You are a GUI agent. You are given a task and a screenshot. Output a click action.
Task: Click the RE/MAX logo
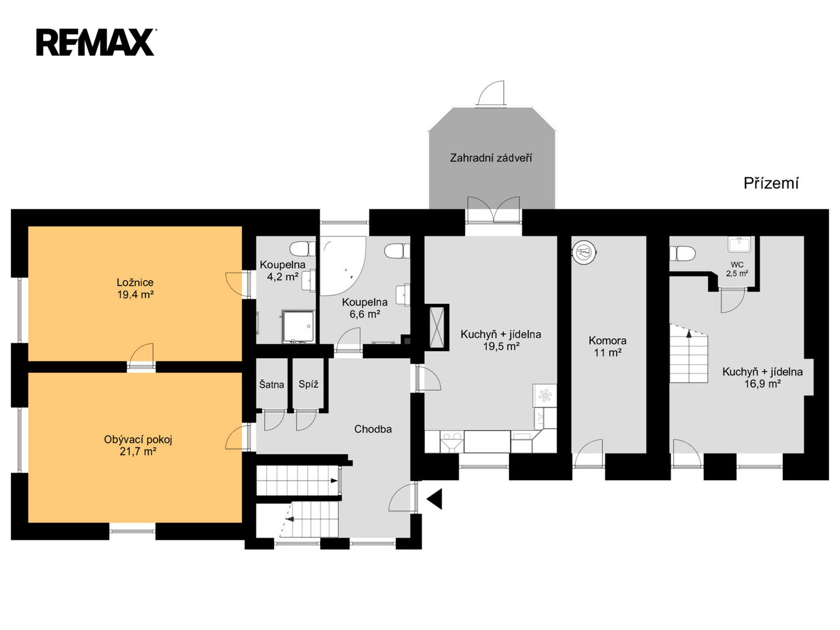tap(95, 43)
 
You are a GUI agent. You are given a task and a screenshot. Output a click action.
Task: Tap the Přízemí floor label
tap(771, 184)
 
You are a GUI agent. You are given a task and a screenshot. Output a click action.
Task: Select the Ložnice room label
tap(135, 282)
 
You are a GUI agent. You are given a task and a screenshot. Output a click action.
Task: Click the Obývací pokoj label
tap(138, 439)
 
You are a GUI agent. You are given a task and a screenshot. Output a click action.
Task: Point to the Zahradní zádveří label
tap(491, 158)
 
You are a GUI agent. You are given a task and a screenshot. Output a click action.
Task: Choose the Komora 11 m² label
tap(607, 346)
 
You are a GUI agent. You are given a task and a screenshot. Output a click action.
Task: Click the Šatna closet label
tap(271, 384)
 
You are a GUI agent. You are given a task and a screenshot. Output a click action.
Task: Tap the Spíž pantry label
tap(309, 384)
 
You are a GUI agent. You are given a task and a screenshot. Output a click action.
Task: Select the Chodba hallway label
tap(373, 429)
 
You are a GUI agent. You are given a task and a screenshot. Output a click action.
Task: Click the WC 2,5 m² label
tap(737, 269)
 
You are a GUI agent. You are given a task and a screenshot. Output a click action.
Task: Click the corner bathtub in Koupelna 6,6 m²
tap(342, 266)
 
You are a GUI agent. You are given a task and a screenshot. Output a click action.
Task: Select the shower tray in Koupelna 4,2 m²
tap(299, 326)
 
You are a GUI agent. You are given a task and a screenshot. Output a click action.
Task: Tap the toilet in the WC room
tap(682, 254)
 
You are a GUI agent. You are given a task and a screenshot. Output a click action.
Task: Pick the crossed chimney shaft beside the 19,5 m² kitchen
tap(437, 327)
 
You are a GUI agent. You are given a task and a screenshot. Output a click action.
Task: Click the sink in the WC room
tap(739, 244)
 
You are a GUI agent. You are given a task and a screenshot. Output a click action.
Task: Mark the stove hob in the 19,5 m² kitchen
tap(545, 395)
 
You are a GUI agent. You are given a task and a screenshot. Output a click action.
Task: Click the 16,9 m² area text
tap(762, 384)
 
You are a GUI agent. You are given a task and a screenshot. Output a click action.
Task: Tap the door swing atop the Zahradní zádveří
tap(491, 93)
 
